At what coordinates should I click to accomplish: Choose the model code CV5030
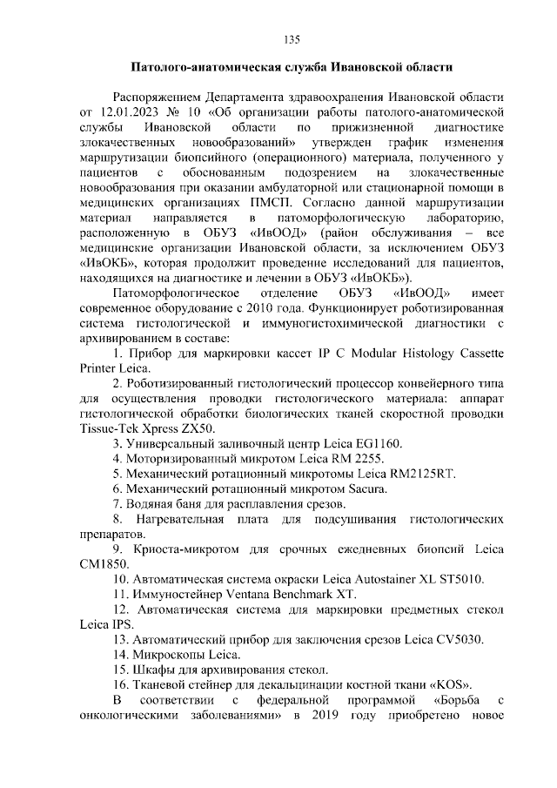(436, 638)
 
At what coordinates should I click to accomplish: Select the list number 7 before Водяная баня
(117, 503)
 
